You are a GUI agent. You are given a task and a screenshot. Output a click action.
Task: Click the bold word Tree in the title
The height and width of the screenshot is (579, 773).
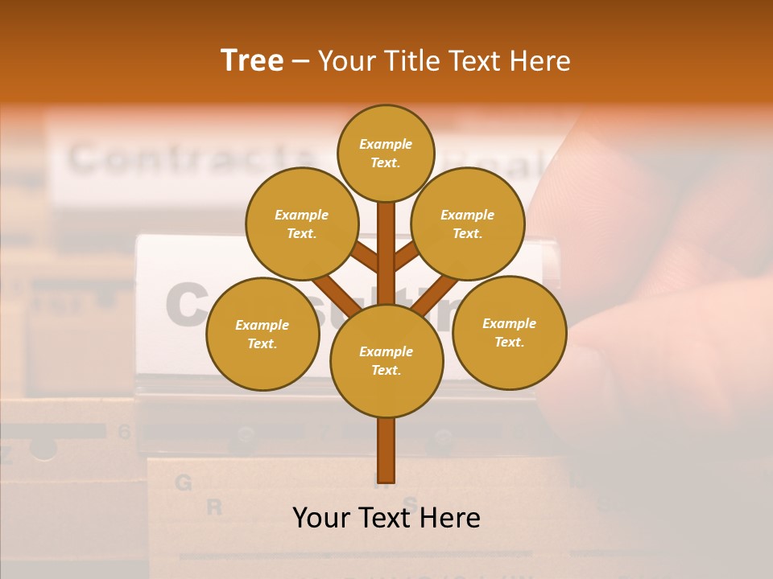pos(252,61)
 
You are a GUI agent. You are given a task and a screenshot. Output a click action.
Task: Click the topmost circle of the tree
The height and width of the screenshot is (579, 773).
pos(386,153)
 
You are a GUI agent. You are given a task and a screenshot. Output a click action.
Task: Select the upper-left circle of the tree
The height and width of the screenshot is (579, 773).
pos(302,224)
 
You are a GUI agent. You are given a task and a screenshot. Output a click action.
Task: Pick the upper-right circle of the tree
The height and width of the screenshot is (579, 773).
pos(468,224)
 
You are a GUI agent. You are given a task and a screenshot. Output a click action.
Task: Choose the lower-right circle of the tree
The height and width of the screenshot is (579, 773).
pos(510,332)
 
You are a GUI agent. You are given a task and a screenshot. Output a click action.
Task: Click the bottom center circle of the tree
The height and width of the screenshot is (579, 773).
pos(386,360)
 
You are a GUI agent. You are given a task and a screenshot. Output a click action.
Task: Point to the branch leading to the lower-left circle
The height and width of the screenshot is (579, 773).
pos(334,294)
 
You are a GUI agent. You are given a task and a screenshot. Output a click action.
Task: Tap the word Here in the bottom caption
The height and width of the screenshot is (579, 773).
pos(449,518)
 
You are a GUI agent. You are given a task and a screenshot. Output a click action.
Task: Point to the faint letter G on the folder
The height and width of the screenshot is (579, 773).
pos(184,482)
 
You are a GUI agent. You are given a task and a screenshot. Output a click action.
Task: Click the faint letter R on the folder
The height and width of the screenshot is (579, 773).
pos(214,507)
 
